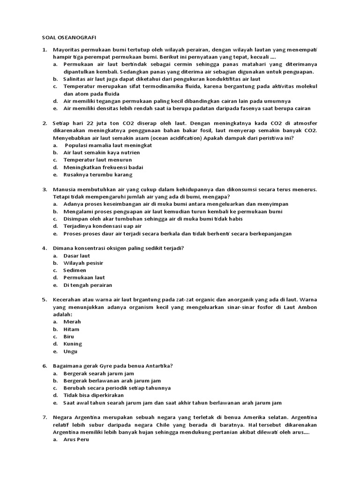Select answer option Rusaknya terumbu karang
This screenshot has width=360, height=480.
coord(97,175)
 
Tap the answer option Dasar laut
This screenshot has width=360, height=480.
coord(76,255)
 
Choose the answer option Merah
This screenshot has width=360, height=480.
coord(72,322)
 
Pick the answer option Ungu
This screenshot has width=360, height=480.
coord(70,351)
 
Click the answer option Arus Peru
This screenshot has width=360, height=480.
coord(76,440)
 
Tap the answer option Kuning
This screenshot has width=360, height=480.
coord(73,344)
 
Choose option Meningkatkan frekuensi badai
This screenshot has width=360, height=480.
coord(103,167)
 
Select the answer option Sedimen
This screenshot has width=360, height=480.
coord(75,270)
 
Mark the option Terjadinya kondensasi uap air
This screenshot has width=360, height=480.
coord(102,226)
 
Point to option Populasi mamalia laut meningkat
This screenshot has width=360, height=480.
coord(108,145)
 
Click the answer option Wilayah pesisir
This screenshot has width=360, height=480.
coord(83,263)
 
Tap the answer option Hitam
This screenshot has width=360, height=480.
coord(72,329)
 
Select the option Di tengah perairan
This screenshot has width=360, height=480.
coord(88,285)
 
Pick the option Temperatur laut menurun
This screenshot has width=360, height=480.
coord(97,160)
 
